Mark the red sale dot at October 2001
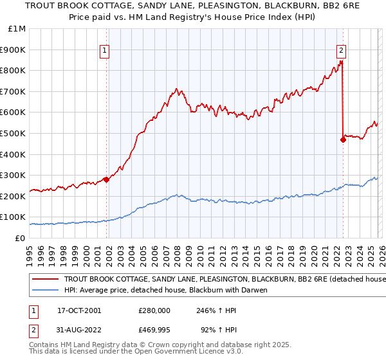[106, 179]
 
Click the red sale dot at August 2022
[343, 139]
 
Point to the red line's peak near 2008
[176, 88]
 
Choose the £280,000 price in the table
[154, 310]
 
